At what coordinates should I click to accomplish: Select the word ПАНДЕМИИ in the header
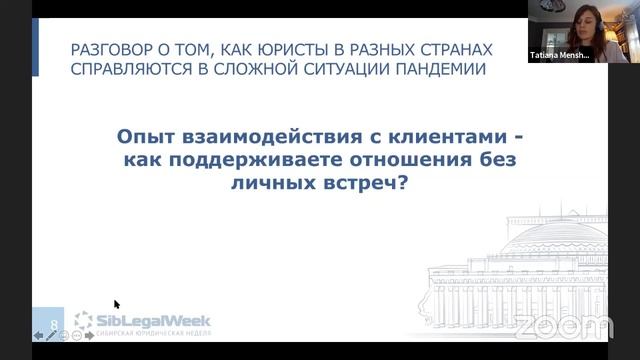444,69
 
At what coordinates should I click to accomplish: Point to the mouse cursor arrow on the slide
117,305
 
